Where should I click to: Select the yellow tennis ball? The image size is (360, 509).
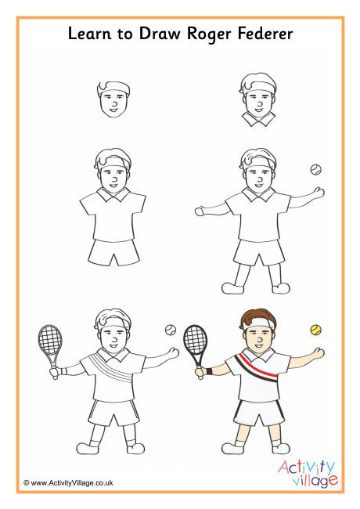316,330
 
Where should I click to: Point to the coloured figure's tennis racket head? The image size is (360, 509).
195,339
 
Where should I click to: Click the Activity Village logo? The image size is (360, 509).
308,471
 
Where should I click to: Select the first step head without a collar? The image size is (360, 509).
114,97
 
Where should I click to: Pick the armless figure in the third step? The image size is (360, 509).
113,208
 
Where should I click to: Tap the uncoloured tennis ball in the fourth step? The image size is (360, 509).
315,168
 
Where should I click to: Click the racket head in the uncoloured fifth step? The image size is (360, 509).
49,339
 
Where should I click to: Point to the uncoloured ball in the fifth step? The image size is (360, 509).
170,330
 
